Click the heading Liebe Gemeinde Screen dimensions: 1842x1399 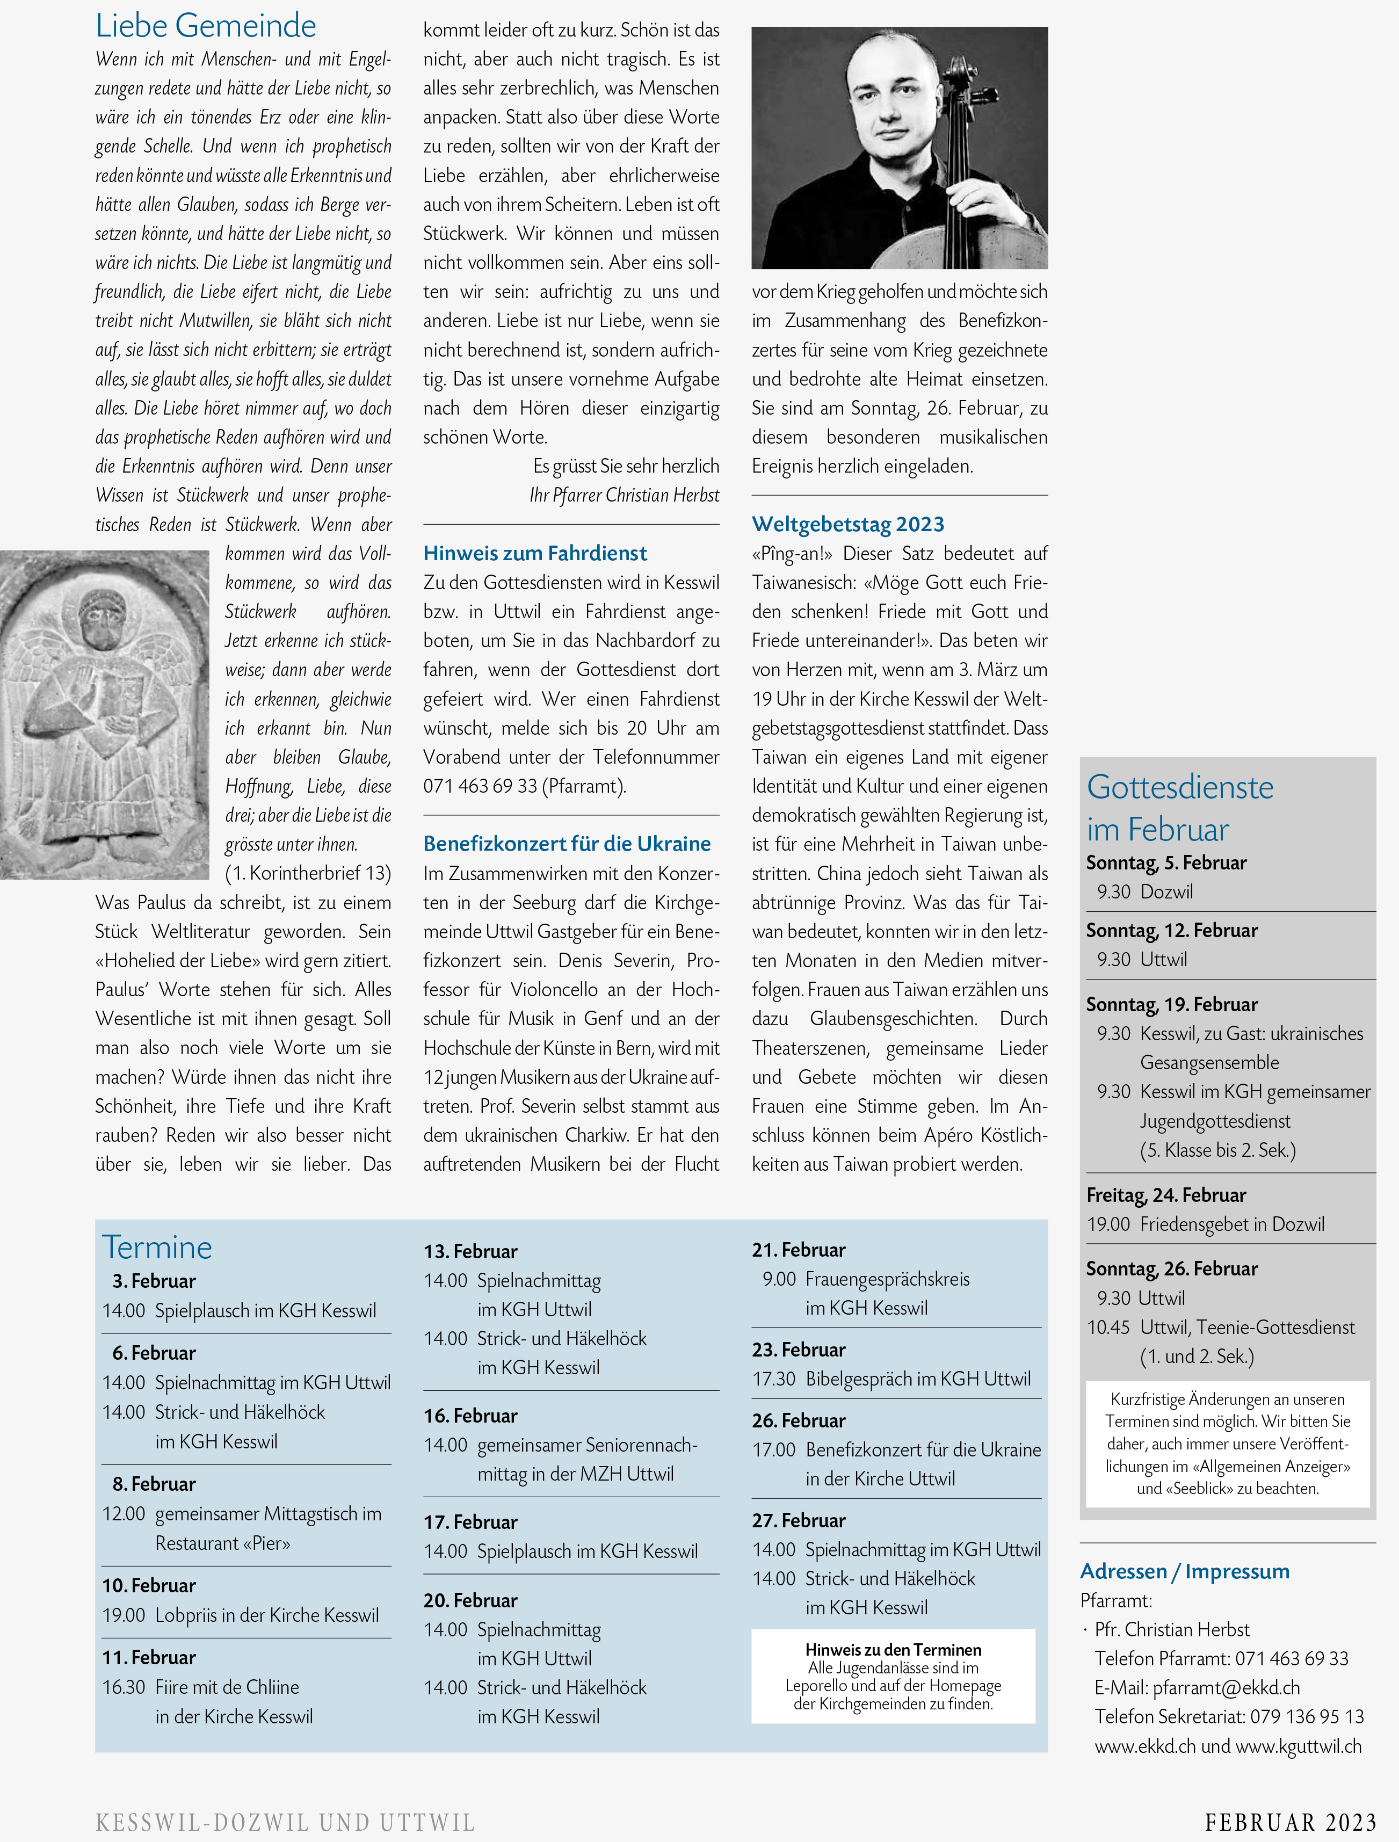206,26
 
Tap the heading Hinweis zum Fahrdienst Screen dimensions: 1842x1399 534,553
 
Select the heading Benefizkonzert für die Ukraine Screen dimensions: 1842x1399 566,844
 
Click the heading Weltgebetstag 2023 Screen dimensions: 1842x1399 848,524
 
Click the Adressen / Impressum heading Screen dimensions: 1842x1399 1184,1571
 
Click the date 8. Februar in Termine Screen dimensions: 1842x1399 154,1484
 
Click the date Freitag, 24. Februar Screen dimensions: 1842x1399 1166,1195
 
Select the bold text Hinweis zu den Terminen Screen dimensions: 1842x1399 893,1650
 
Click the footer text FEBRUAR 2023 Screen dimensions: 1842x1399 1290,1823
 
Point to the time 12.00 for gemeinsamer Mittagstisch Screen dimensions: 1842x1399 123,1514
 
